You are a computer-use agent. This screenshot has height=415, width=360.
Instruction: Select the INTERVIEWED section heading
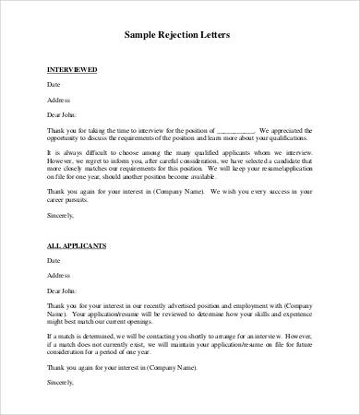[x=71, y=70]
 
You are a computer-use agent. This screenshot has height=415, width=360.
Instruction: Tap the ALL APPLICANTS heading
[x=77, y=247]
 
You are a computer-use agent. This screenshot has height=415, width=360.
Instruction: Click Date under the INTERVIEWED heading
[x=54, y=85]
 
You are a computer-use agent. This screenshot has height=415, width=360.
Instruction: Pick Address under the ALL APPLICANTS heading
[x=58, y=275]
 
